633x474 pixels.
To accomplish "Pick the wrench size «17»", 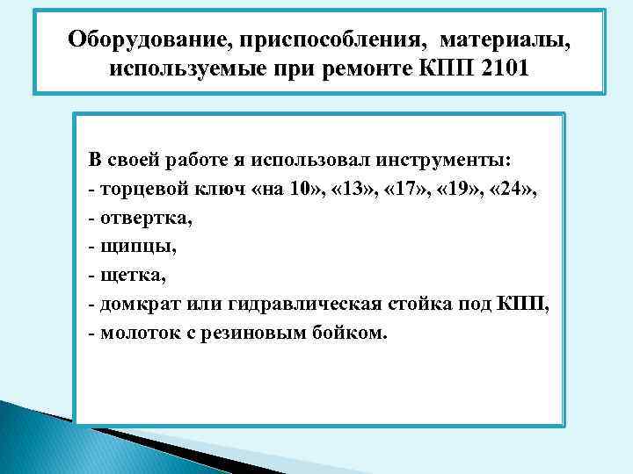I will click(x=404, y=190).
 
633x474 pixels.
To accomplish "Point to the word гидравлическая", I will click(x=311, y=305).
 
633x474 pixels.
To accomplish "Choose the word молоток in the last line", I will click(x=134, y=333).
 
